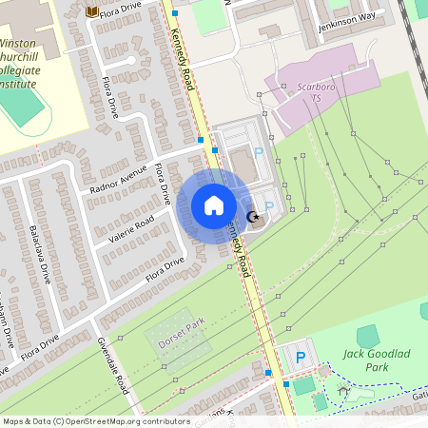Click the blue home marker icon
pyautogui.click(x=214, y=205)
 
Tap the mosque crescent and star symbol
pyautogui.click(x=254, y=218)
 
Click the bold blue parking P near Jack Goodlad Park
pyautogui.click(x=301, y=358)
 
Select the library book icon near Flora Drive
pyautogui.click(x=91, y=10)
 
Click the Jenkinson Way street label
pyautogui.click(x=347, y=16)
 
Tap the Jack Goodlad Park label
pyautogui.click(x=366, y=360)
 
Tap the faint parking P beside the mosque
pyautogui.click(x=268, y=206)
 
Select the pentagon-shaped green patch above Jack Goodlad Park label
pyautogui.click(x=368, y=336)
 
